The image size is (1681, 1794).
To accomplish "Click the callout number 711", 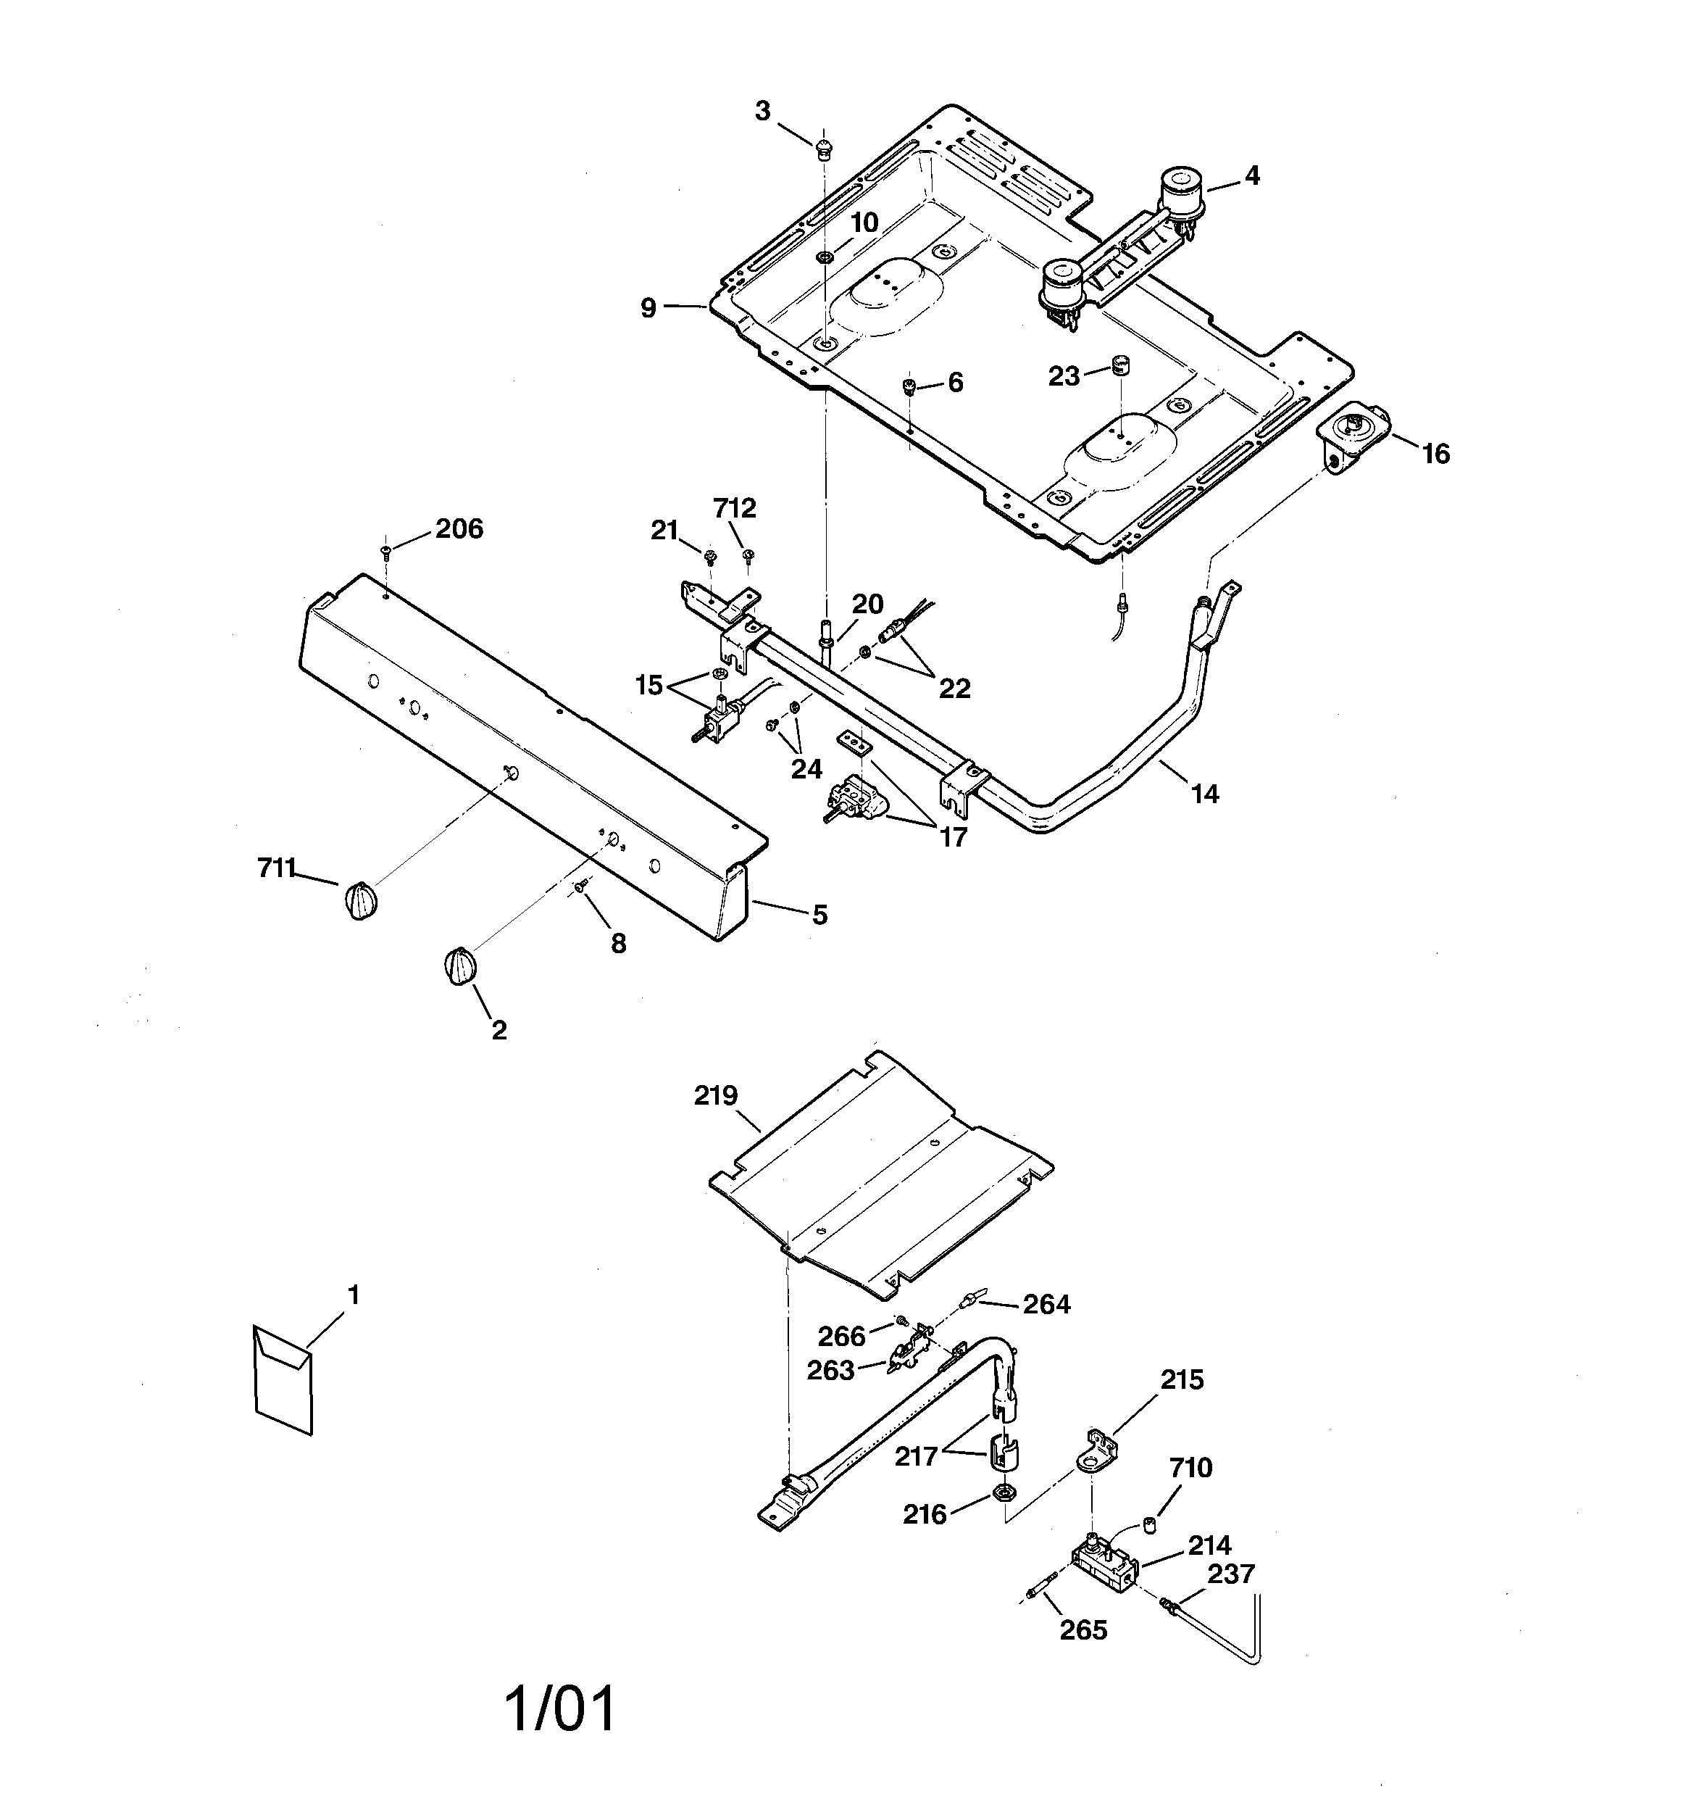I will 276,868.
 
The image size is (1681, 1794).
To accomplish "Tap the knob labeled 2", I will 459,968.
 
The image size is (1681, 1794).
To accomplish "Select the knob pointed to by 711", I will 360,900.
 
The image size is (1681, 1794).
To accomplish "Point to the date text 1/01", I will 562,1708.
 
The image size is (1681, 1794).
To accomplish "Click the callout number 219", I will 716,1095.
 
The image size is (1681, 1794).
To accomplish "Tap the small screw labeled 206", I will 386,549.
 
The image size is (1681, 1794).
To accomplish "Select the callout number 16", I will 1435,454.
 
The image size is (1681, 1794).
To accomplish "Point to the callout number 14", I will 1204,794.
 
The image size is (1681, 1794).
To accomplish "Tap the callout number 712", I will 735,509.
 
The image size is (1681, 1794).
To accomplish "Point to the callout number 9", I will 648,309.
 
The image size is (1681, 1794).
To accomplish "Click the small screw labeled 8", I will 582,888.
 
